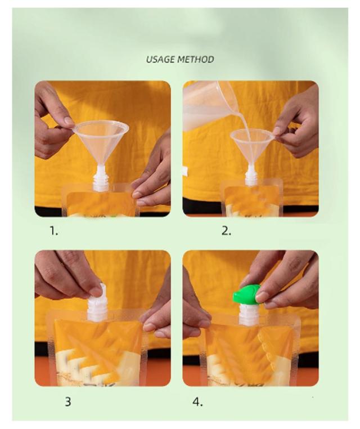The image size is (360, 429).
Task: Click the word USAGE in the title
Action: [x=160, y=59]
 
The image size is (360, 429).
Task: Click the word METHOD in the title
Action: [x=196, y=59]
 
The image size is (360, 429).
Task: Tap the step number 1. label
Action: [x=54, y=231]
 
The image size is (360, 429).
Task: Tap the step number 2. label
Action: [x=226, y=231]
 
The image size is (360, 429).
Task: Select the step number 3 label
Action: [x=68, y=402]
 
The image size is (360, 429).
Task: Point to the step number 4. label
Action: [x=197, y=402]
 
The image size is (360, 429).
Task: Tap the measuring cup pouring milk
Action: [x=208, y=105]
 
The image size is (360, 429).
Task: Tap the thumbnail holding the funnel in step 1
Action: [x=69, y=120]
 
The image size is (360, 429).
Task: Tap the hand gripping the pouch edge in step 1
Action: [x=153, y=175]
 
